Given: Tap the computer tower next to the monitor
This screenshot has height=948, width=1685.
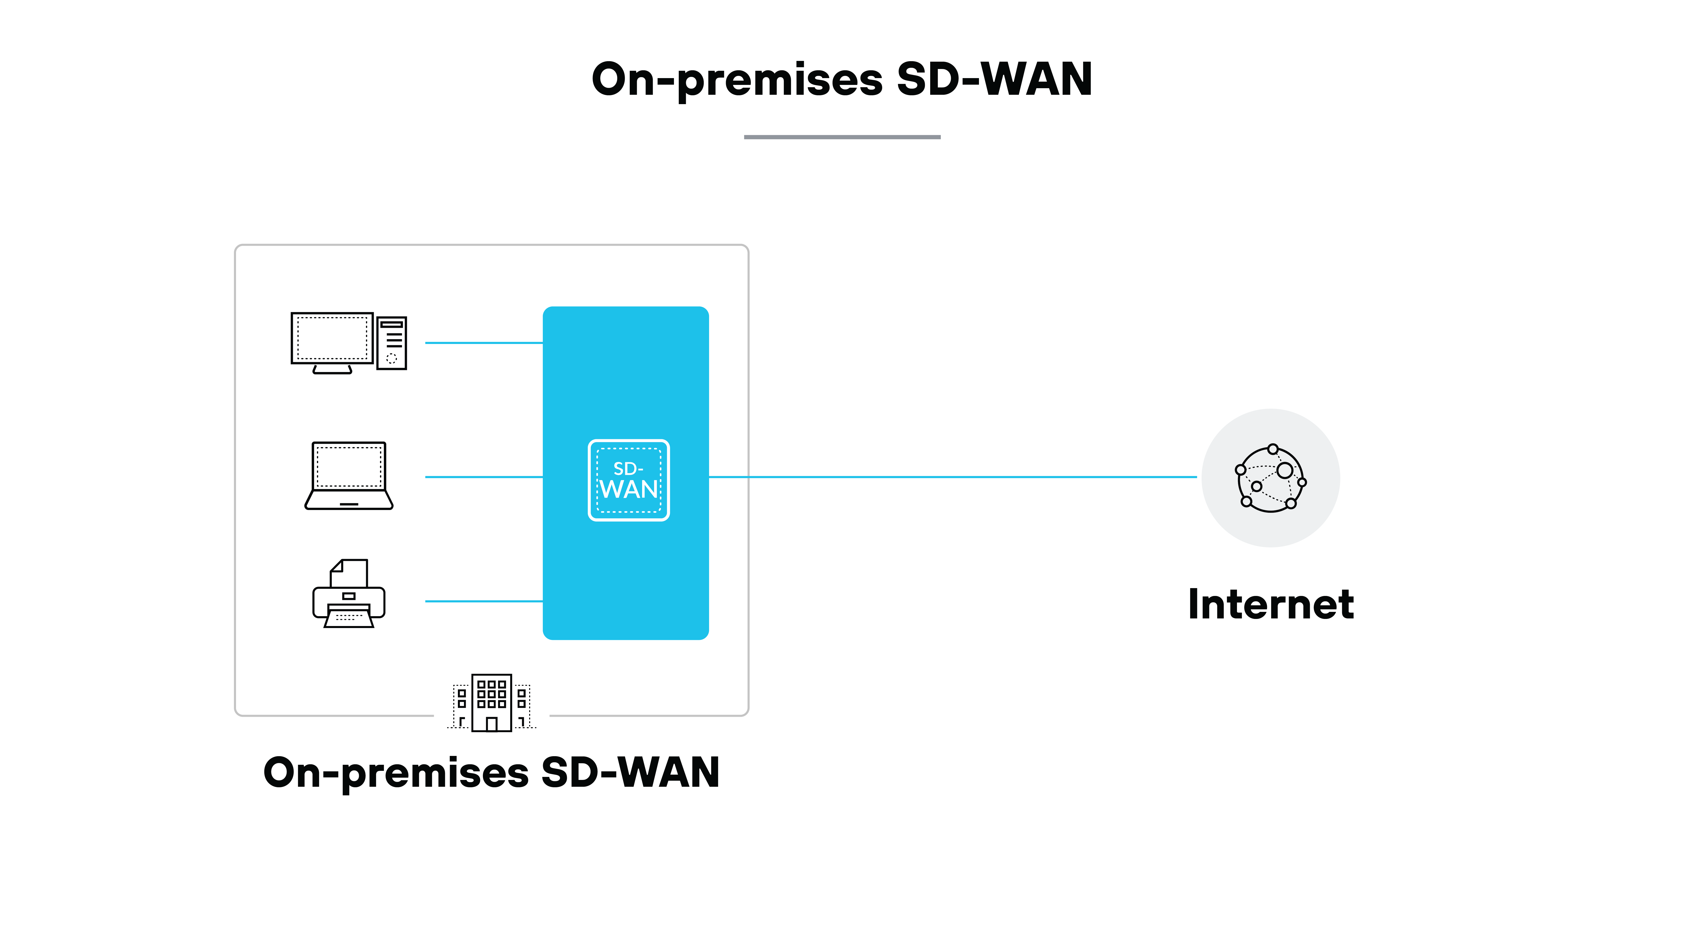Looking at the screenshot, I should [x=392, y=343].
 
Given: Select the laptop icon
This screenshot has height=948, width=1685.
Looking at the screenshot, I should [x=349, y=476].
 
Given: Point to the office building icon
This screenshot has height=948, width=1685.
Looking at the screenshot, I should [x=491, y=702].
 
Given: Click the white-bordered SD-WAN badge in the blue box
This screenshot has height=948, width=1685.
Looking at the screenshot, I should [x=629, y=480].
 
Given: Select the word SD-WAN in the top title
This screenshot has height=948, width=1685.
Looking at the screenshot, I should [x=994, y=79].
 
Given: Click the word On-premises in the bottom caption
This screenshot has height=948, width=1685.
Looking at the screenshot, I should [x=396, y=773].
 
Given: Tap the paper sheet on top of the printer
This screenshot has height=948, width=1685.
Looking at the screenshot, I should [x=350, y=573].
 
